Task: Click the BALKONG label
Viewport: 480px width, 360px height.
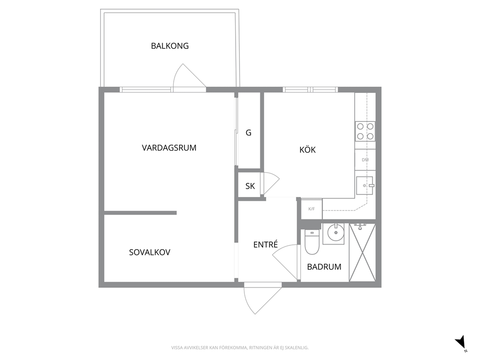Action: pyautogui.click(x=169, y=46)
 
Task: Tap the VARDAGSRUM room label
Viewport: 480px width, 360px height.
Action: pyautogui.click(x=169, y=148)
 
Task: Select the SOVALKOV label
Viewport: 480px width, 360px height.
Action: pyautogui.click(x=150, y=252)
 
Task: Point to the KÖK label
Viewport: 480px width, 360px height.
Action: pyautogui.click(x=307, y=150)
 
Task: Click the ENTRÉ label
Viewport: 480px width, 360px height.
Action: pyautogui.click(x=266, y=244)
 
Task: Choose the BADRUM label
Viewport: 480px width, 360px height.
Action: pyautogui.click(x=324, y=267)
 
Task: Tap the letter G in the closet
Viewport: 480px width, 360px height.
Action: pyautogui.click(x=249, y=133)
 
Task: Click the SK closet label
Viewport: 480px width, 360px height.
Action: pyautogui.click(x=250, y=186)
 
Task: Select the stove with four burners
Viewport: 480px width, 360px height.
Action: pyautogui.click(x=365, y=131)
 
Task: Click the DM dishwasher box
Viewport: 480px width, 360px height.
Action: pyautogui.click(x=365, y=160)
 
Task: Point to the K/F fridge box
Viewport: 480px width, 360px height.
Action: pyautogui.click(x=312, y=209)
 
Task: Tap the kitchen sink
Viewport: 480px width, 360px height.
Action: pyautogui.click(x=364, y=185)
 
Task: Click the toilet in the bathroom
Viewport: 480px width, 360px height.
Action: pyautogui.click(x=312, y=242)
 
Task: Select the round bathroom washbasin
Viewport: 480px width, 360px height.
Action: pyautogui.click(x=336, y=233)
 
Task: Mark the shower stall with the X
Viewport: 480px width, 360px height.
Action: pyautogui.click(x=362, y=252)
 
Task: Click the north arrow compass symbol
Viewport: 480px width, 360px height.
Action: pyautogui.click(x=461, y=343)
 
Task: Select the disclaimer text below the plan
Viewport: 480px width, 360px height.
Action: pyautogui.click(x=240, y=348)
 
